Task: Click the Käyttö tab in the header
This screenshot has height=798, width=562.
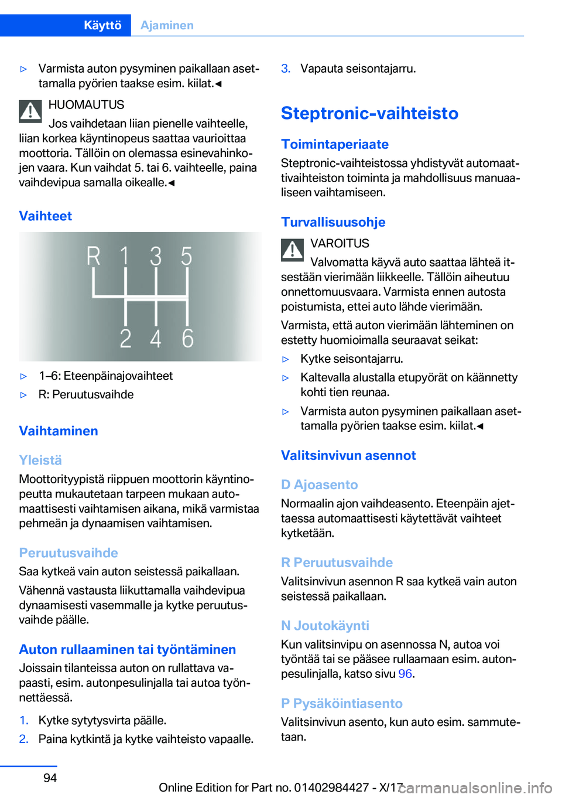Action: (x=102, y=25)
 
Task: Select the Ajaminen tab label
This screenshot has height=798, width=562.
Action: (x=167, y=25)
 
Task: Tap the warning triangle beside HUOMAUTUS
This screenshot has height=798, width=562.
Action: (x=30, y=111)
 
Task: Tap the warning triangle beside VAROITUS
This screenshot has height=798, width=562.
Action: (x=292, y=250)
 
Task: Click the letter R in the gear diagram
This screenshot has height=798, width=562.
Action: (x=94, y=257)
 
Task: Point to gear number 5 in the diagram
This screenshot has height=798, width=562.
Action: (x=186, y=257)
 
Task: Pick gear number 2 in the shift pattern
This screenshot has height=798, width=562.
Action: (x=125, y=339)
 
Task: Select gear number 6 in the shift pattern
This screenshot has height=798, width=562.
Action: (x=187, y=339)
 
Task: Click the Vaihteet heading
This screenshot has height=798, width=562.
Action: (x=46, y=216)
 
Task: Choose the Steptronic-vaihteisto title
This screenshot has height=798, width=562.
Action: (x=369, y=113)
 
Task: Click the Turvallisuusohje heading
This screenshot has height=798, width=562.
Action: (x=333, y=222)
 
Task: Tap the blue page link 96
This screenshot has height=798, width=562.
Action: (x=405, y=674)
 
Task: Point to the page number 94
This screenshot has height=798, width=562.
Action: (x=50, y=778)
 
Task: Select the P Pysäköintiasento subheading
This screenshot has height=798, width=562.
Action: (x=342, y=704)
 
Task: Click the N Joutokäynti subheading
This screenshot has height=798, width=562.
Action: (x=325, y=626)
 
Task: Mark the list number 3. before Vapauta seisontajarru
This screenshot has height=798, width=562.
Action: (x=286, y=69)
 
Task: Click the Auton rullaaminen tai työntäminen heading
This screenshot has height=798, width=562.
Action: (x=128, y=649)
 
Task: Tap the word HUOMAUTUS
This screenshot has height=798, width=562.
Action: (x=87, y=105)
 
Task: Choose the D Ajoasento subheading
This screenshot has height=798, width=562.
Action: (x=319, y=485)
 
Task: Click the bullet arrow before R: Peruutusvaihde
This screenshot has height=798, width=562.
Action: (x=24, y=395)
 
